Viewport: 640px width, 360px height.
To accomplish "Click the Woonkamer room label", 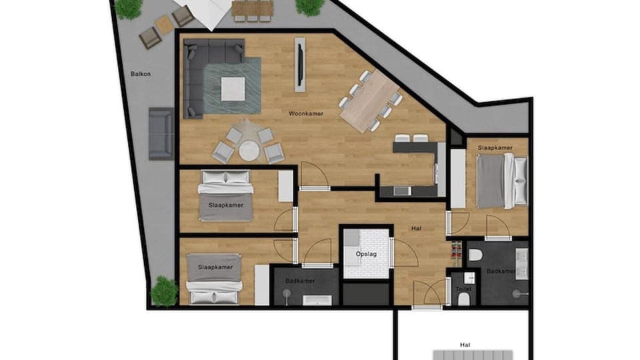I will tap(306, 114).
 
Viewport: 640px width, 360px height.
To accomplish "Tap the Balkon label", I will tap(141, 74).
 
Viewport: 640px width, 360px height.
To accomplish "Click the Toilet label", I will tap(463, 290).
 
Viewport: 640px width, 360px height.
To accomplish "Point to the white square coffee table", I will tap(232, 89).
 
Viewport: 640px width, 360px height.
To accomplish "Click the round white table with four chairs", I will tap(249, 151).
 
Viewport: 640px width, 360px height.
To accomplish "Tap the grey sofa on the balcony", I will tap(161, 133).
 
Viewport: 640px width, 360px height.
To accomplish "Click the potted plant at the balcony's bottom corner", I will tap(164, 291).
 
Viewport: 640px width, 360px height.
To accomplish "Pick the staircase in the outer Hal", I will tap(471, 355).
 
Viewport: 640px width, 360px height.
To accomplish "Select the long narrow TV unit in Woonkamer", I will tap(301, 65).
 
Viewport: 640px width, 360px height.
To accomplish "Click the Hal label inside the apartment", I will tap(417, 228).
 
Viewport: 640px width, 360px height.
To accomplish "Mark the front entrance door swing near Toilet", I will tap(427, 293).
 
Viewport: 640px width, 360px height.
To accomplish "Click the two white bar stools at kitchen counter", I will tap(411, 139).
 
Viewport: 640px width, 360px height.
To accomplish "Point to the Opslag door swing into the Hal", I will tap(405, 253).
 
